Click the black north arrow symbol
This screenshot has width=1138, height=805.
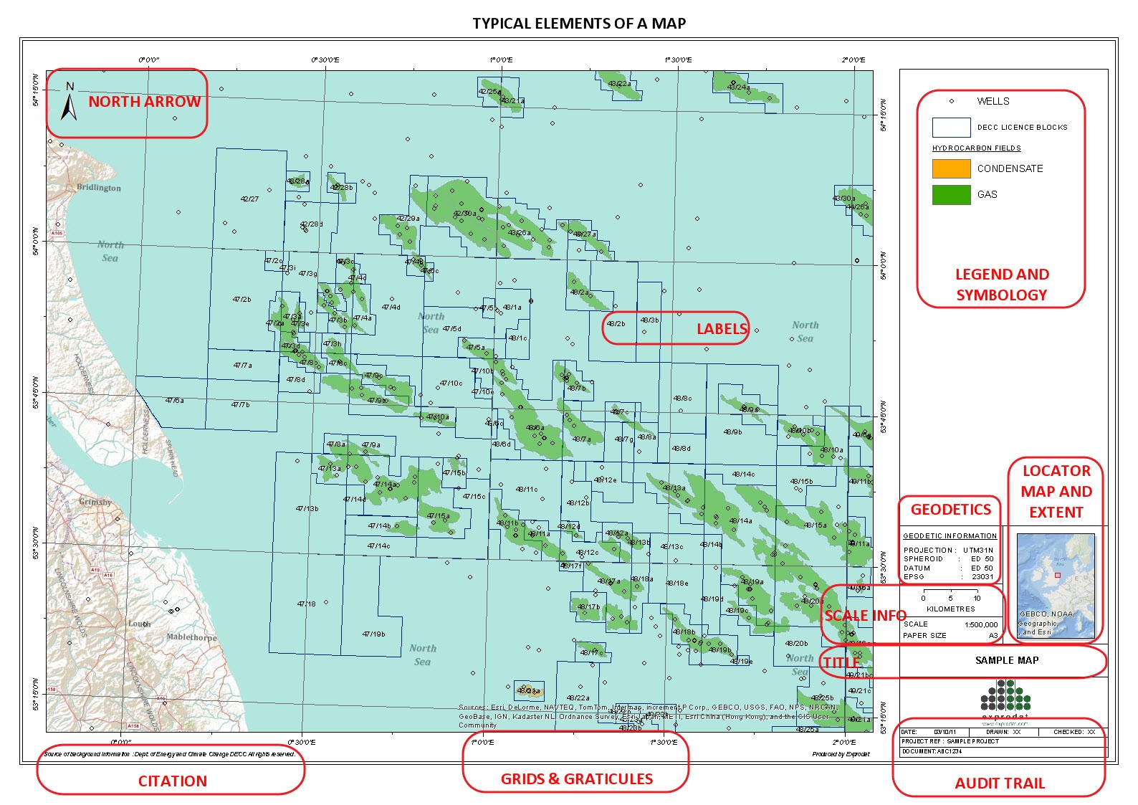point(69,103)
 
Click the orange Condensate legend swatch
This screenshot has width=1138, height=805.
point(951,168)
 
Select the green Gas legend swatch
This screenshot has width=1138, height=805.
point(951,194)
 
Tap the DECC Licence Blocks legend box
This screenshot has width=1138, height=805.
point(951,128)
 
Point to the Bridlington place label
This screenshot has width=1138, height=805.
point(99,188)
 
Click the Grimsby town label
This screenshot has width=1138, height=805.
point(95,502)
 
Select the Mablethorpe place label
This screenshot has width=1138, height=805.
point(191,637)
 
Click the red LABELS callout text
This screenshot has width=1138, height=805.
point(722,329)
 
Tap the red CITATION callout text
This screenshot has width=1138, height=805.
point(172,781)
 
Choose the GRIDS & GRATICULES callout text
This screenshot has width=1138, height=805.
point(576,779)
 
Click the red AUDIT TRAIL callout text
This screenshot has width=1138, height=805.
point(999,783)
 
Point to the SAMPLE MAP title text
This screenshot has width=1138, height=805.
point(1006,660)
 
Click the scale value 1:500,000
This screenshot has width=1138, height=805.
point(980,624)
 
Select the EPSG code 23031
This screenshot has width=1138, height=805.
point(982,576)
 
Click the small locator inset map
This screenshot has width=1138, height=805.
point(1056,584)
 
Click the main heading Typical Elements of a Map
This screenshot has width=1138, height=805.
point(579,24)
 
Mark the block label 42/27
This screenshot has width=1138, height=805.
point(249,199)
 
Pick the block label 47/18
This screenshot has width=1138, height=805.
point(306,604)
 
